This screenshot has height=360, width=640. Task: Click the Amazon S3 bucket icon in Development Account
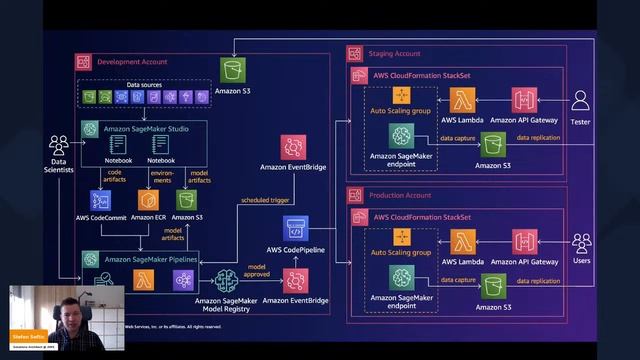coord(233,71)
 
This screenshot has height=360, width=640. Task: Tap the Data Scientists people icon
coord(59,146)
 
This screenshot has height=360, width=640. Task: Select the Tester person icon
coord(581,100)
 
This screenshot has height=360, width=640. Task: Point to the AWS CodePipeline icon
coord(296,227)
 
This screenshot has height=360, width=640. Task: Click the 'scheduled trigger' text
coord(265,202)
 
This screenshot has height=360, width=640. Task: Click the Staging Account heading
coord(395,54)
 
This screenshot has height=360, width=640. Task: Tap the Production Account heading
coord(399,195)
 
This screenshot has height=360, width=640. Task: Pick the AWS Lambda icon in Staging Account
coord(462,101)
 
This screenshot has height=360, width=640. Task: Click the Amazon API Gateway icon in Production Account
coord(525,242)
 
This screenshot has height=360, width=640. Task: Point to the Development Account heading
coord(132,62)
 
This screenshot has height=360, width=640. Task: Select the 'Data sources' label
coord(145,86)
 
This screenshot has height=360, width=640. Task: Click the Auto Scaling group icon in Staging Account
coord(402,96)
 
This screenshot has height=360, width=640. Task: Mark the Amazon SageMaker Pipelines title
coord(151,259)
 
